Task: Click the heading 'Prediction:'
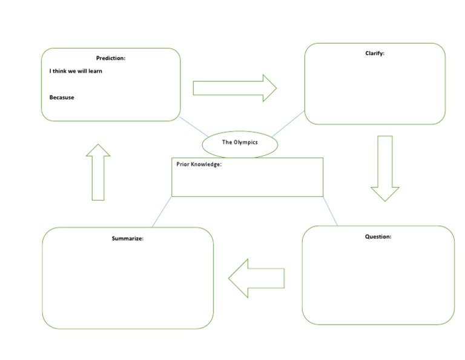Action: coord(111,58)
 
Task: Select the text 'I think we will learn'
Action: coord(76,71)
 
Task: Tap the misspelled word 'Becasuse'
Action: coord(62,98)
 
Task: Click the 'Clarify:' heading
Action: coord(375,53)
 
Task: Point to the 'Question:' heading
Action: coord(378,236)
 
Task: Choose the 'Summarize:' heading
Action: coord(127,238)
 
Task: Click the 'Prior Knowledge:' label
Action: coord(199,164)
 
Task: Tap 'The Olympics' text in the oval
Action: coord(240,142)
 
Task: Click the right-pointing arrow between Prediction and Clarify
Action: coord(234,88)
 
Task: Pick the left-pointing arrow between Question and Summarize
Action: coord(256,278)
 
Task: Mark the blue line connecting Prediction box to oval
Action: coord(194,127)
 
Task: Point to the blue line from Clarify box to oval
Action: coord(288,124)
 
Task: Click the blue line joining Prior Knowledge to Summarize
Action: coord(162,212)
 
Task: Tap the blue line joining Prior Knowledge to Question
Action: coord(330,211)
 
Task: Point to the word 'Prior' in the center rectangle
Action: coord(183,164)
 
